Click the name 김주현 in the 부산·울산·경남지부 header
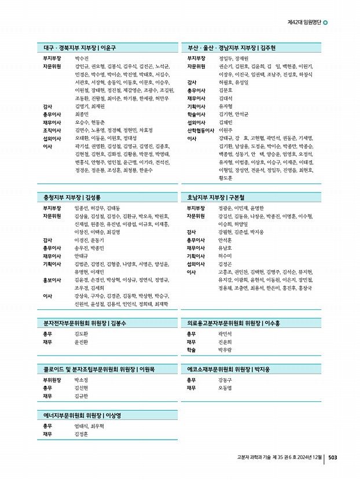point(268,47)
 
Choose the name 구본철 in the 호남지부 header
point(239,197)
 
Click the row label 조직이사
point(53,130)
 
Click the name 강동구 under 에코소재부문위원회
point(225,380)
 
